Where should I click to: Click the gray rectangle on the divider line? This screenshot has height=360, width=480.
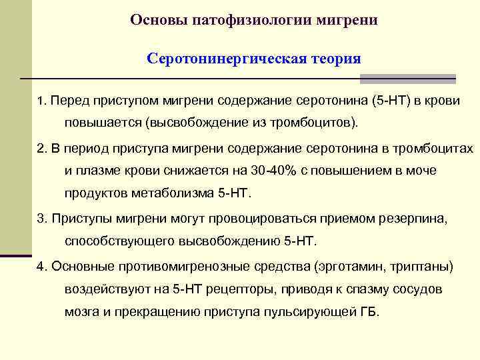click(x=407, y=79)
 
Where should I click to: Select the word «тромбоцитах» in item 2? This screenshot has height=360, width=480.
click(x=435, y=148)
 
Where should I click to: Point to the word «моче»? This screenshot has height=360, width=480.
click(x=421, y=171)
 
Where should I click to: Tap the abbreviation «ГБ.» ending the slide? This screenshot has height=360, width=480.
click(x=369, y=312)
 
